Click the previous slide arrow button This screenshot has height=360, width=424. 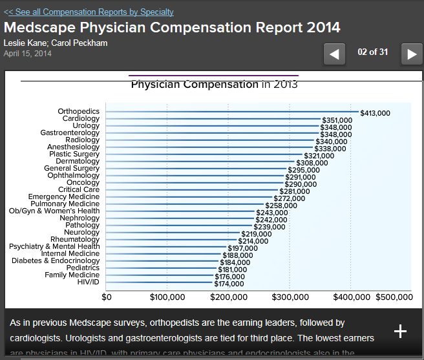[x=334, y=54]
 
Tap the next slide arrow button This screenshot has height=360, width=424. [x=412, y=54]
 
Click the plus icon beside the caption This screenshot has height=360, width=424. [x=401, y=331]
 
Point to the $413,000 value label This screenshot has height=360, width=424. [x=375, y=113]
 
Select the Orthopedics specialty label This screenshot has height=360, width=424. [x=78, y=112]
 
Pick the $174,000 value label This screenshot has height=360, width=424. [x=229, y=284]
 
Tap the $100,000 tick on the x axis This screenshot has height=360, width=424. [x=167, y=297]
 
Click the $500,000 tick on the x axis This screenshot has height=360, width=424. [x=394, y=297]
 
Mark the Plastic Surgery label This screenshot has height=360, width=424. [x=74, y=154]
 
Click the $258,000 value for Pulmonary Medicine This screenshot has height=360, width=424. [x=281, y=206]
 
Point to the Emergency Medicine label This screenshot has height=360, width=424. [x=64, y=197]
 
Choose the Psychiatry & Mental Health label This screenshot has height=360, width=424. [x=54, y=246]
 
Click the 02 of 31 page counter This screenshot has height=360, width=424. [x=372, y=52]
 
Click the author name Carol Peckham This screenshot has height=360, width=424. [x=81, y=43]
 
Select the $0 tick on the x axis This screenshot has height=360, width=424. [x=107, y=297]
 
